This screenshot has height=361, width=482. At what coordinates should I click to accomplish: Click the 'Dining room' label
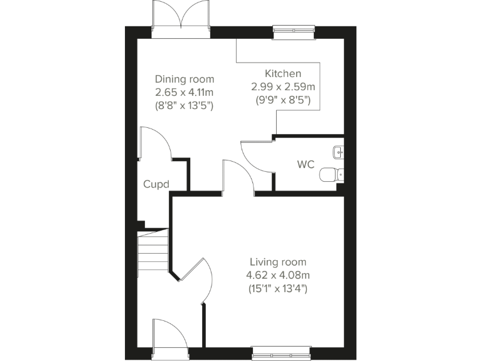coord(185,80)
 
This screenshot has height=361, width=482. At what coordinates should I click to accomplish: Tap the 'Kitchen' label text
coord(282,74)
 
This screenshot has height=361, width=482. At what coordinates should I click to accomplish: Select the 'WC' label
coord(306,165)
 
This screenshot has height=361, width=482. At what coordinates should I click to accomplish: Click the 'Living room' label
coord(278,262)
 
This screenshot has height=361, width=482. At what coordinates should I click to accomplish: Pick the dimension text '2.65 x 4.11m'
coord(185,93)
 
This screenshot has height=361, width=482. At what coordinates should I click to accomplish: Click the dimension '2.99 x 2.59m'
coord(282,87)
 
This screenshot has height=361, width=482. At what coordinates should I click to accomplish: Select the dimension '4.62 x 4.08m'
coord(278,275)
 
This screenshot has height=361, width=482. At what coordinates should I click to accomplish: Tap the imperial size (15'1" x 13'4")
coord(278,289)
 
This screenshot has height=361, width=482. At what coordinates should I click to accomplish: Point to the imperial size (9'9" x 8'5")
coord(282,100)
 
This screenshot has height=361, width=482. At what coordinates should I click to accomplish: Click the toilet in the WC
coord(330,174)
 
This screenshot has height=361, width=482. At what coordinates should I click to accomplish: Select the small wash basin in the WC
coord(339,150)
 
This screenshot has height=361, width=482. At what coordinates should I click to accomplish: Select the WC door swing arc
coord(256,157)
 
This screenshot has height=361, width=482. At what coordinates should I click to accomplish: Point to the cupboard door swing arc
coord(155,143)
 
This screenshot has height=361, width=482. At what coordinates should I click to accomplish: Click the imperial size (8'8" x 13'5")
coord(185,106)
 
